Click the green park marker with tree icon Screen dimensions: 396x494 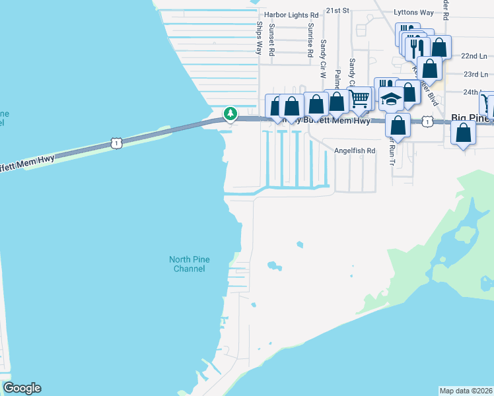point(230,114)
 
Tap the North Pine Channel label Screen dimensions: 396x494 point(190,264)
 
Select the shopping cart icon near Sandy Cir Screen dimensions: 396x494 point(359,99)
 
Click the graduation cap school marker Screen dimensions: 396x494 point(391,99)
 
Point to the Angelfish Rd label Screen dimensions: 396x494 point(355,150)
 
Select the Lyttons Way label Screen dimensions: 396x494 point(413,12)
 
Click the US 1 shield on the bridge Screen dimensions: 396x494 point(116,143)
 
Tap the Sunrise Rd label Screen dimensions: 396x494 point(310,41)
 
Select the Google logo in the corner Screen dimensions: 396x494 point(22,388)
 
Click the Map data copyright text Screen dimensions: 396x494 point(466,390)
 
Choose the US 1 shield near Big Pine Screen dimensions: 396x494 point(427,121)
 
